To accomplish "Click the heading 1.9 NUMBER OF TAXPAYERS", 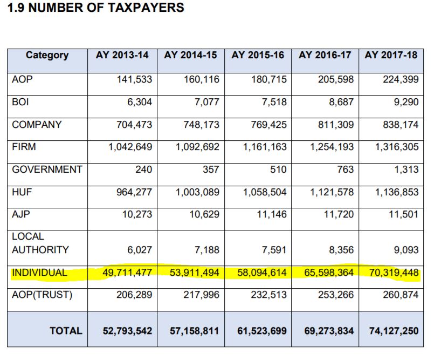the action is click(x=95, y=8).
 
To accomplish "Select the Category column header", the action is click(x=47, y=56).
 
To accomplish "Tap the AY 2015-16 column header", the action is click(x=258, y=55).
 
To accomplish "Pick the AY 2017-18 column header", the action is click(x=391, y=55).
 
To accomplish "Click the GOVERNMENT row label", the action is click(x=47, y=169).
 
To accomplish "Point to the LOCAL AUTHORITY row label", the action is click(x=40, y=243).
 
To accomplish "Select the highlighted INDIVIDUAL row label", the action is click(x=39, y=273).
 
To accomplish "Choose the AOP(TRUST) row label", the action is click(x=42, y=295).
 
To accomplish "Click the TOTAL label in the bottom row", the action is click(x=66, y=331).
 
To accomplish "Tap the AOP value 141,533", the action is click(x=134, y=79).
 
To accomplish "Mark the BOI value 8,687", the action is click(x=341, y=102).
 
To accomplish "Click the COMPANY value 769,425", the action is click(x=269, y=125).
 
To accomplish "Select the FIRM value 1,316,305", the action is click(x=397, y=147).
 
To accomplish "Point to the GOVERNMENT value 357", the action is click(x=211, y=169).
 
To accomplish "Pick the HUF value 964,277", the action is click(x=134, y=192).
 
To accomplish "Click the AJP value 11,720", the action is click(x=339, y=214).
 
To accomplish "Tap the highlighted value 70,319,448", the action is click(x=394, y=273).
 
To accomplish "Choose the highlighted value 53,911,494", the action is click(x=194, y=273).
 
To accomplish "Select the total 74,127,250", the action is click(x=394, y=331).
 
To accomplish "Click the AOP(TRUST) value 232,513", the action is click(x=269, y=295).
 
